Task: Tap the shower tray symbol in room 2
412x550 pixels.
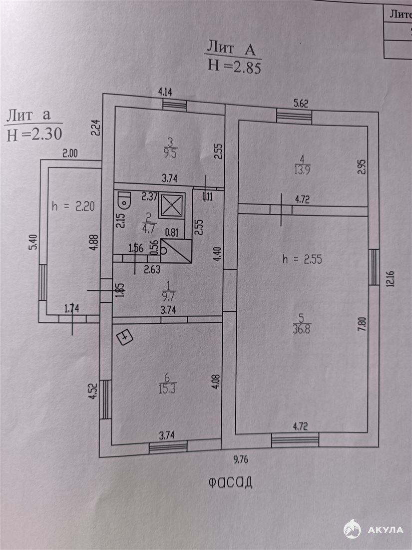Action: point(172,205)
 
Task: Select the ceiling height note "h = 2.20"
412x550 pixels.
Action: point(73,206)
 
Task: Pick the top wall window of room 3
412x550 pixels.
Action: point(175,105)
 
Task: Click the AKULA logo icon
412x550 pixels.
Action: point(352,529)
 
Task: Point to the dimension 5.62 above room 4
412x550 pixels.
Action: point(300,104)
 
